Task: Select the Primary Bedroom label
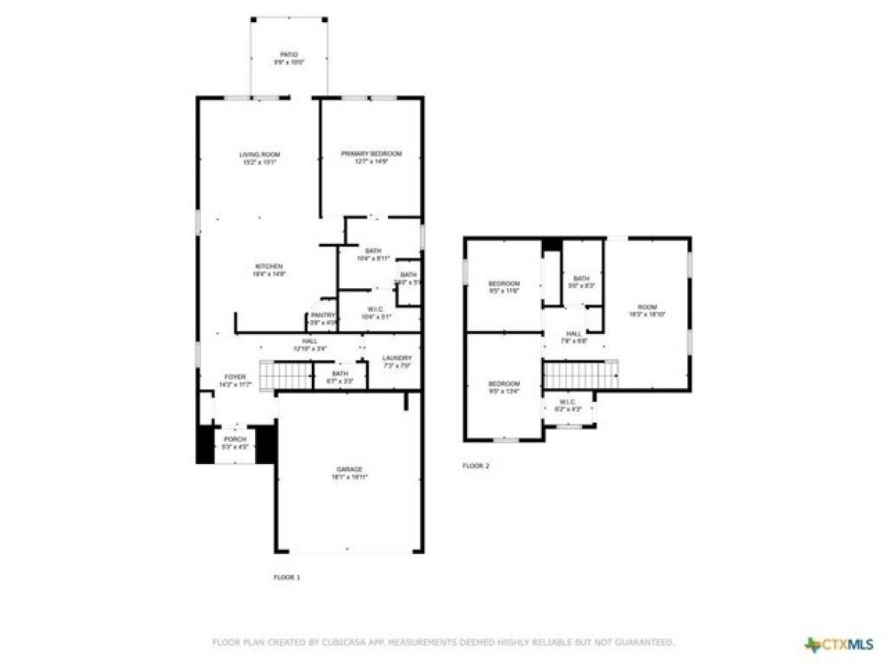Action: (x=371, y=157)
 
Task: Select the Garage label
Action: (x=350, y=473)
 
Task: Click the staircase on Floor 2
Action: (x=581, y=374)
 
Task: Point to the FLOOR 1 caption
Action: (x=287, y=577)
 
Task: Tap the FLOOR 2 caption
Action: (x=475, y=466)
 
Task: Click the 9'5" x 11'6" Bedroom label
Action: (x=503, y=287)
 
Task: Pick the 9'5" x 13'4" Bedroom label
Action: (x=503, y=388)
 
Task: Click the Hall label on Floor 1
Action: (x=310, y=344)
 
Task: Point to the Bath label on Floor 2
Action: (x=580, y=282)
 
